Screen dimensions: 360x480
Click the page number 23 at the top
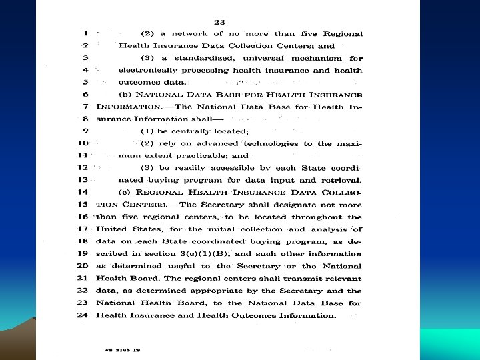pos(218,21)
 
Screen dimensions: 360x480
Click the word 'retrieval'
pos(341,180)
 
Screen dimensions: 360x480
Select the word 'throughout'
pos(322,217)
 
